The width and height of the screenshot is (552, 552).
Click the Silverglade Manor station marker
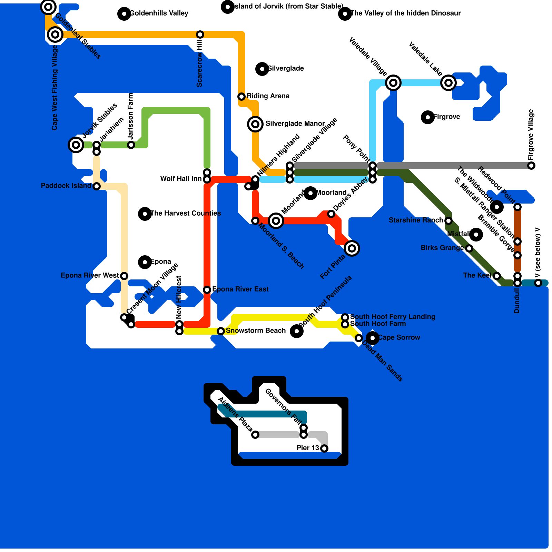255,124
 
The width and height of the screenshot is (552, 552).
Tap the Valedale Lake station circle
448,82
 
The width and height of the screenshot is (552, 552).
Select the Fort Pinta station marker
352,248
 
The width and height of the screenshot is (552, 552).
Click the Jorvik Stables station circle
76,145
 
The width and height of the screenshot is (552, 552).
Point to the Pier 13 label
308,448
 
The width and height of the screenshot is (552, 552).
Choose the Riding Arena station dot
241,96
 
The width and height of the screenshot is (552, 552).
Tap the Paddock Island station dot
97,186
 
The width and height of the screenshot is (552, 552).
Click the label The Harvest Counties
186,213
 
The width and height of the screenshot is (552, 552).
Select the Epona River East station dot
207,289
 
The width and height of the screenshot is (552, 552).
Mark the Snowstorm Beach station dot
221,331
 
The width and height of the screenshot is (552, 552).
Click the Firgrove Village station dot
531,165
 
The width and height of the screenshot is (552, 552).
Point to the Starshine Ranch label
416,220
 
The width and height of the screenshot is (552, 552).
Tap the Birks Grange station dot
469,248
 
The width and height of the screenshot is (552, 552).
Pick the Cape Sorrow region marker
373,338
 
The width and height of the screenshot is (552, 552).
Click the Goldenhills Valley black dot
124,13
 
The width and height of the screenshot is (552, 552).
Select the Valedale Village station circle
393,82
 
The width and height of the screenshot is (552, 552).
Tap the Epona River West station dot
124,276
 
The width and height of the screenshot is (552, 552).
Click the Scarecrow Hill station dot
200,34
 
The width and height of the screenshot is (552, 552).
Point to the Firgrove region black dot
428,117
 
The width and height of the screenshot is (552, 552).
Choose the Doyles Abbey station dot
331,214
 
